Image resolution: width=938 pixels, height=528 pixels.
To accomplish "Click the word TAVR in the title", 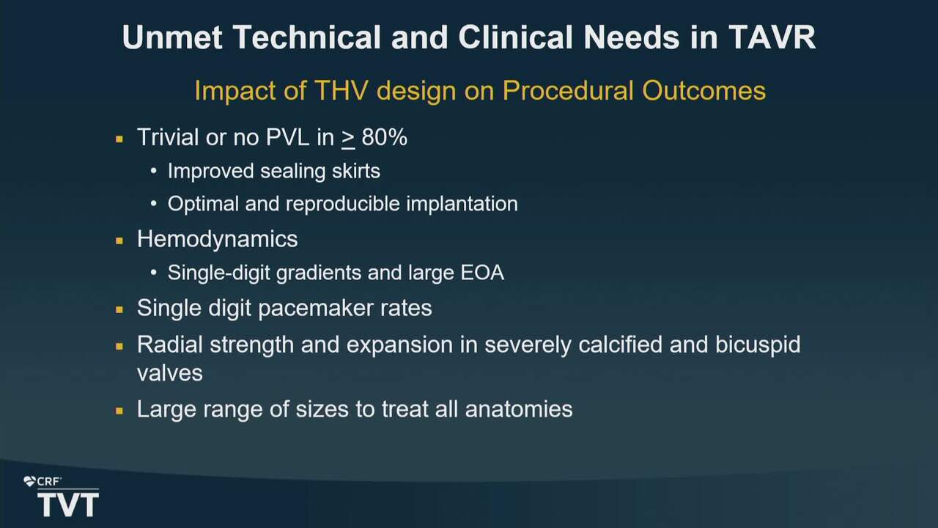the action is pos(772,37).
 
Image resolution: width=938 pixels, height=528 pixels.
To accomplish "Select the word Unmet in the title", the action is pos(171,37).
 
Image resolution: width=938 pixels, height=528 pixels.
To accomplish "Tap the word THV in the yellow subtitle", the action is pos(341,90).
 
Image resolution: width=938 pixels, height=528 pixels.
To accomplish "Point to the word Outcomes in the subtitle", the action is pos(704,90).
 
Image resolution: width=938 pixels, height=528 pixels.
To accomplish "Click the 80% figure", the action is pos(385,137).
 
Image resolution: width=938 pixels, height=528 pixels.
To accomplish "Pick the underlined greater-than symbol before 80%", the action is pos(348,139).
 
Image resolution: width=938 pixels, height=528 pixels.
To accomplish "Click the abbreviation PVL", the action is pos(288,137).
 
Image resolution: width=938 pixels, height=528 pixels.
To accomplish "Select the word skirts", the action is pos(356,171).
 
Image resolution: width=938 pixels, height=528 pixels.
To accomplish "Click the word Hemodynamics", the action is pos(218,239).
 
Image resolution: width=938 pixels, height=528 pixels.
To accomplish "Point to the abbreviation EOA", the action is pos(482,273).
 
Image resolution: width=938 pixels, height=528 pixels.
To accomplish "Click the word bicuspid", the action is pos(758,345).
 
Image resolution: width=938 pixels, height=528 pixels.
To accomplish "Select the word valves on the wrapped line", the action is pos(169,373).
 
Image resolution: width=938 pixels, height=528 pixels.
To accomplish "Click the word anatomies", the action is pos(518,409).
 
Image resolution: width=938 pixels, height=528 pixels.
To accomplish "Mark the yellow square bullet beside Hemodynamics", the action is pos(119,241).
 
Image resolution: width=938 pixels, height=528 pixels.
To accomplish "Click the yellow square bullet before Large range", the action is pos(119,411).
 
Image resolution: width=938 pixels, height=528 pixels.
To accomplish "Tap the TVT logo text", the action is pos(68,505).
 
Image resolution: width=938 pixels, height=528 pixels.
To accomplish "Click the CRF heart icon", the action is pos(29,482).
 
